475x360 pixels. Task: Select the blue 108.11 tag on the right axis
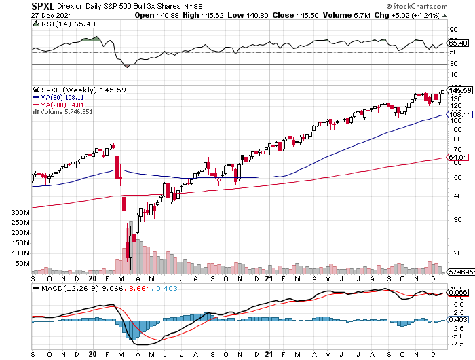(459, 115)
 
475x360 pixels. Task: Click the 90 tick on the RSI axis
(453, 30)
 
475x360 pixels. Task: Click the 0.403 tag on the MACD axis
(457, 320)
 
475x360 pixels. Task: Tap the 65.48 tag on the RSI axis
(458, 43)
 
